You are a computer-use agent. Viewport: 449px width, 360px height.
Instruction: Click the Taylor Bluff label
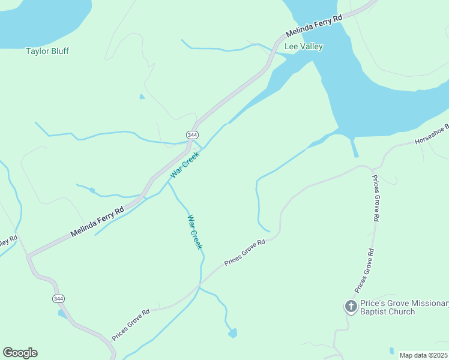tap(47, 51)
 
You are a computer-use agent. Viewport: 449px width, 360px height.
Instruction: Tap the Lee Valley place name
tap(304, 46)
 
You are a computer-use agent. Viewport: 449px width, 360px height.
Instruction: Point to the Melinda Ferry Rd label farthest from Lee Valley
tap(97, 221)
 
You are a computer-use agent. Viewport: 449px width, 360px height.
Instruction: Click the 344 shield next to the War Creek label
tap(192, 134)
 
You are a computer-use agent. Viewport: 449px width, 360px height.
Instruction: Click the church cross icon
tap(351, 307)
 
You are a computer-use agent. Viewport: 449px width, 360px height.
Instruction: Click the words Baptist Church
tap(388, 311)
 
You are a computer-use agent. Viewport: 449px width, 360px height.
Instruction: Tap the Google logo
tap(20, 352)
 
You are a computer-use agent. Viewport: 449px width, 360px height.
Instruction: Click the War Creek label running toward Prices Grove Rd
tap(195, 232)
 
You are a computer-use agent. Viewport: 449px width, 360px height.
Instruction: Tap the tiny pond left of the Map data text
tap(391, 350)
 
